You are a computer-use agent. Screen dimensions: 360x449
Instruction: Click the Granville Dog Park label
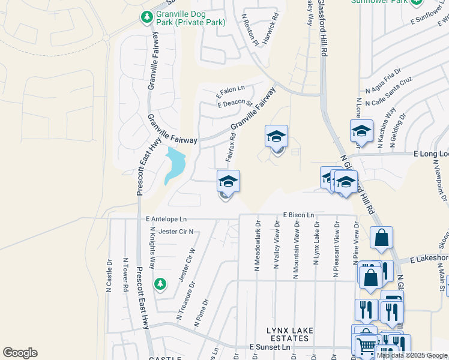[x=190, y=18]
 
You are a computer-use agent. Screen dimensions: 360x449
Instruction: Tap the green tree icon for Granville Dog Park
[x=146, y=18]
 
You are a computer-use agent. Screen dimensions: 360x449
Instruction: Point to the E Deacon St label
[x=235, y=103]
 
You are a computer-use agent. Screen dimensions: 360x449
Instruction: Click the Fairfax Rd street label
[x=230, y=146]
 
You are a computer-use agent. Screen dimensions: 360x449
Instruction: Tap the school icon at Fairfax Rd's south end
[x=228, y=181]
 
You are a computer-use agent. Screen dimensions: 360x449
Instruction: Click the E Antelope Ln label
[x=166, y=219]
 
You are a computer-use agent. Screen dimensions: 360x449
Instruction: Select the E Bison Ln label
[x=298, y=215]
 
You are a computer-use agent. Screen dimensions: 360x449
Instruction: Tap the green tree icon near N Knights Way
[x=160, y=283]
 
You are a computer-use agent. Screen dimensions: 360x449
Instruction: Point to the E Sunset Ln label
[x=269, y=347]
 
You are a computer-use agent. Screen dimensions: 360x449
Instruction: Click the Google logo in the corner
[x=20, y=353]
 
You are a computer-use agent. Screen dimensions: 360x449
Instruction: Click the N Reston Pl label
[x=250, y=30]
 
